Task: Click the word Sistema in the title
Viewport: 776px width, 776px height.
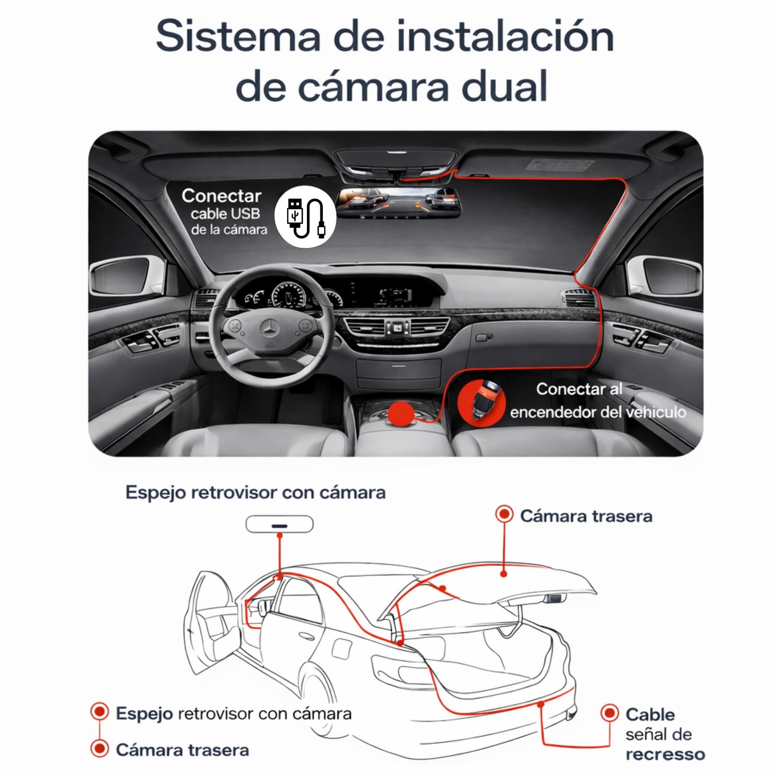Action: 238,37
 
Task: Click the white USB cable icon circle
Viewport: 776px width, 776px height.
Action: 306,216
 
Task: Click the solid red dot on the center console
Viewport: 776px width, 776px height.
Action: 401,413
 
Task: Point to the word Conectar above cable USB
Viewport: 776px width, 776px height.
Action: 221,196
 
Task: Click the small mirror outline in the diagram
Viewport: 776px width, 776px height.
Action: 279,524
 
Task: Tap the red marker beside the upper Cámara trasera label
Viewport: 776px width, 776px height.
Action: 504,514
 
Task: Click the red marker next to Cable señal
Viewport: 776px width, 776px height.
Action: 610,713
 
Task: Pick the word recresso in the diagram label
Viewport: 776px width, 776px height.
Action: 665,754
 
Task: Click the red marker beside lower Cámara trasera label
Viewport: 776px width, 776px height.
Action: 100,748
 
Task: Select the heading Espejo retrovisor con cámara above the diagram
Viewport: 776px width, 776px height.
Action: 255,492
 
